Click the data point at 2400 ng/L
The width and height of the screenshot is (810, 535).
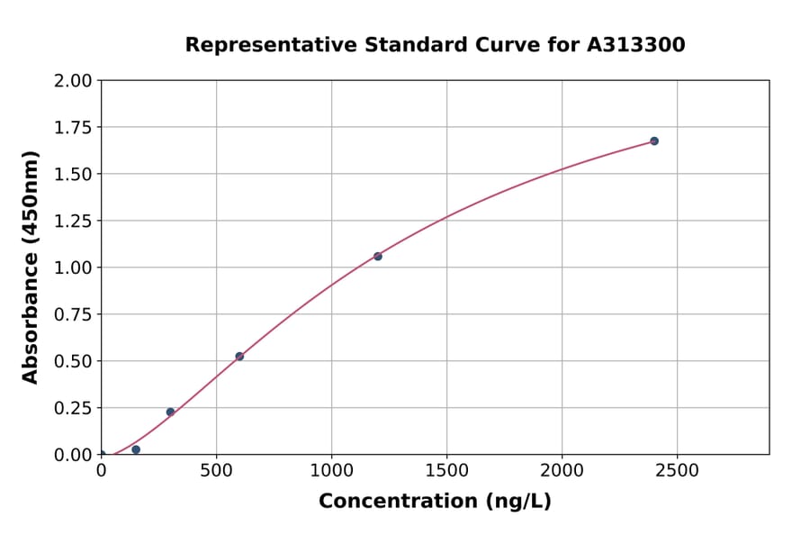pos(654,141)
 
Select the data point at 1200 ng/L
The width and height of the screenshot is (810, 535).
pos(378,257)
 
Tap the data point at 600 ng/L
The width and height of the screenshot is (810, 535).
pos(239,357)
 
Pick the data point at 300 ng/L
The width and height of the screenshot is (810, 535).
pos(170,413)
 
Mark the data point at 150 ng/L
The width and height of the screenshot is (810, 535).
pos(136,449)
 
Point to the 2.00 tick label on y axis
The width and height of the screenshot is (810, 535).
pos(73,81)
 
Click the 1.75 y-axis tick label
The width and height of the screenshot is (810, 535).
pos(73,128)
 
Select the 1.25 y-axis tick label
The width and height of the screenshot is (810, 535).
pos(73,222)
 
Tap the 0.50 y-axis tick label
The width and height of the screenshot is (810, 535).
pos(73,362)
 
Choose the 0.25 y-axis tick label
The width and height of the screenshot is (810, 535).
pos(73,409)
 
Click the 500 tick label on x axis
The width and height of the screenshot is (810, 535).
pos(216,471)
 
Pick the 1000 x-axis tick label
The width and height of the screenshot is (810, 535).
pos(331,471)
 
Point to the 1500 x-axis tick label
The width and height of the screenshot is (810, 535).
pos(446,471)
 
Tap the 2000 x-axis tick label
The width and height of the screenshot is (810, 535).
pos(562,471)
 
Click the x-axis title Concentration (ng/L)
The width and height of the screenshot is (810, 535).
pos(435,502)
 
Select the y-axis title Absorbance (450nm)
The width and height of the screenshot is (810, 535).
pos(31,267)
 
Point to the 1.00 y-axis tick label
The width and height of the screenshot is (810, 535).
pos(73,268)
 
